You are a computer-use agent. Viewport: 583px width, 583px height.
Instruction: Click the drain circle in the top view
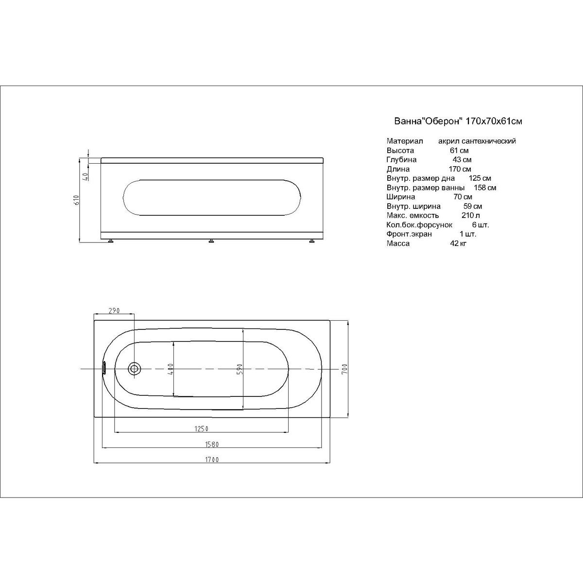(x=134, y=369)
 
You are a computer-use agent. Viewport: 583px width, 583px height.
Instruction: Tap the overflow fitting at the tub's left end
(x=104, y=368)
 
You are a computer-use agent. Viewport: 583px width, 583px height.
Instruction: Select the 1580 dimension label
(x=212, y=445)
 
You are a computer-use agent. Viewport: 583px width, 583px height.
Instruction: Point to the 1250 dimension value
(x=202, y=429)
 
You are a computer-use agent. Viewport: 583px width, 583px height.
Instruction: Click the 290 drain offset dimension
(x=114, y=310)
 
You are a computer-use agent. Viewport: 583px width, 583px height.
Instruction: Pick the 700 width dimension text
(x=345, y=369)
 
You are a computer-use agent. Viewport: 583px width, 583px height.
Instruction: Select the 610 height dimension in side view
(x=76, y=200)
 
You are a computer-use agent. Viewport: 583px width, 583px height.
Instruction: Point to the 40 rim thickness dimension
(x=86, y=176)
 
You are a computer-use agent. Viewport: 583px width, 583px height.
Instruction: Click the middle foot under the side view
(x=211, y=241)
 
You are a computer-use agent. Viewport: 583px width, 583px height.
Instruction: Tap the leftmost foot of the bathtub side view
(x=111, y=241)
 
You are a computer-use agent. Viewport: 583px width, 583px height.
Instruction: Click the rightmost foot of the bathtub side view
(x=311, y=241)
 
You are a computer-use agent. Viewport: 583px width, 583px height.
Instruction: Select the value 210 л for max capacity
(x=471, y=215)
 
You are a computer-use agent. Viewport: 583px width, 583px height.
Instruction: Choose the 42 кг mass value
(x=458, y=243)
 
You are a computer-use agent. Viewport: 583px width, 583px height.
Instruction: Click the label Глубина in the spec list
(x=401, y=160)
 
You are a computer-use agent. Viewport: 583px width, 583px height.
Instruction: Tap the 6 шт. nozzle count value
(x=480, y=225)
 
